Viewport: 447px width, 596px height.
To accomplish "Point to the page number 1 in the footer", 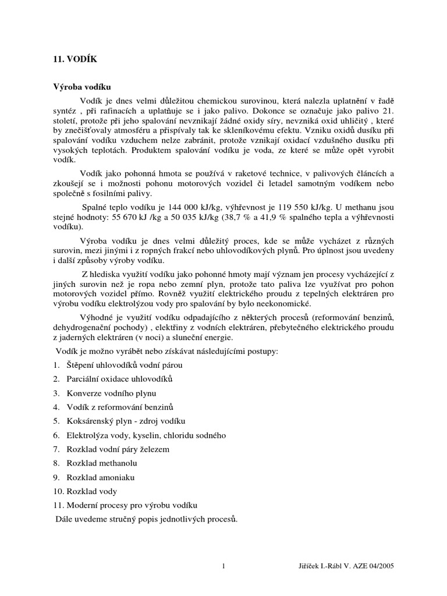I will tap(223, 566).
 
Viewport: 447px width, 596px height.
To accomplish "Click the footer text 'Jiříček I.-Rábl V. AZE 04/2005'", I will tap(347, 566).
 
